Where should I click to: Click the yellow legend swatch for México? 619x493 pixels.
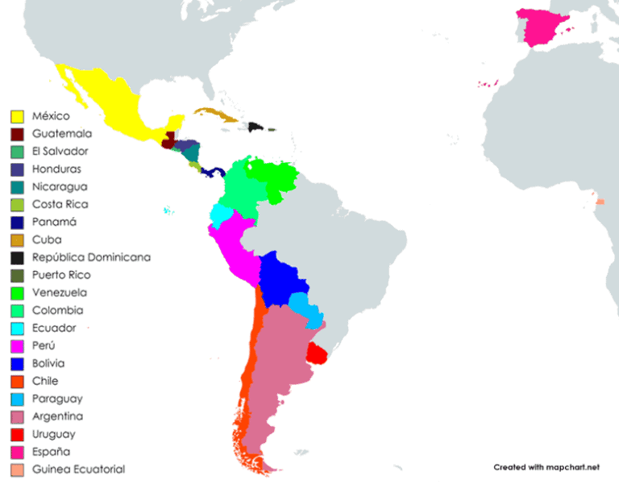16,116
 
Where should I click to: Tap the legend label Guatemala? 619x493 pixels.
61,134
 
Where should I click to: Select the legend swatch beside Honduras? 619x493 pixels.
16,169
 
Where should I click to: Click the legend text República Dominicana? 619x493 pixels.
91,257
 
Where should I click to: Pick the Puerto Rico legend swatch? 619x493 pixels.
16,275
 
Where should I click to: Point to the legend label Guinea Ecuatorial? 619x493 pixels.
78,470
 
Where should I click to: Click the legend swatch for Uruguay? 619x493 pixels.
16,434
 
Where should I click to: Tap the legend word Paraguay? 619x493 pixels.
57,399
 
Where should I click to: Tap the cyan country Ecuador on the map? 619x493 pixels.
219,215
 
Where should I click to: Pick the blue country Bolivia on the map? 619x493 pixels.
282,278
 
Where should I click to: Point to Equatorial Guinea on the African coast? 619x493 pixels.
600,200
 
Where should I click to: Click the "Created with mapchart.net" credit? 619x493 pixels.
547,467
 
